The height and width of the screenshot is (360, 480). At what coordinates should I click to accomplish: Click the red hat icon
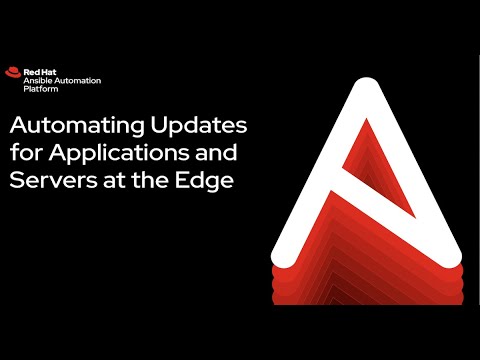(x=14, y=72)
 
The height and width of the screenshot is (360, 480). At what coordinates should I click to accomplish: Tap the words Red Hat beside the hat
(x=37, y=70)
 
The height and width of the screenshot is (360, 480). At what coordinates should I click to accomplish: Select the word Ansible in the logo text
(x=39, y=79)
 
